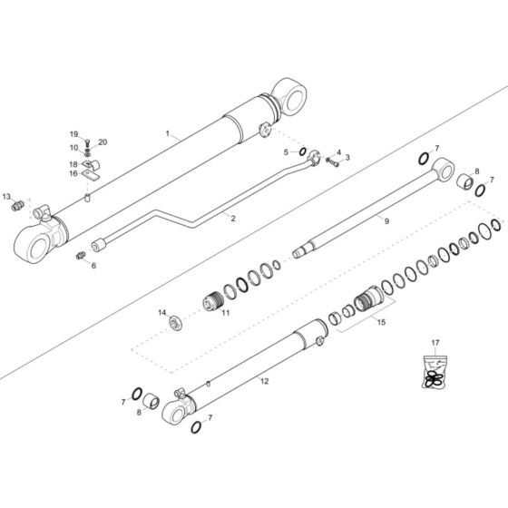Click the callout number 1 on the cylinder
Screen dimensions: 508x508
tap(168, 133)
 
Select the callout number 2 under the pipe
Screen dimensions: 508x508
tap(233, 219)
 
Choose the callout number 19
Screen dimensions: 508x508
tap(74, 134)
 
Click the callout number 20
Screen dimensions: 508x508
tap(103, 142)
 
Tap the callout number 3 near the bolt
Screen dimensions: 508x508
tap(346, 158)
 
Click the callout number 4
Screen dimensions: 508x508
tap(338, 152)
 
